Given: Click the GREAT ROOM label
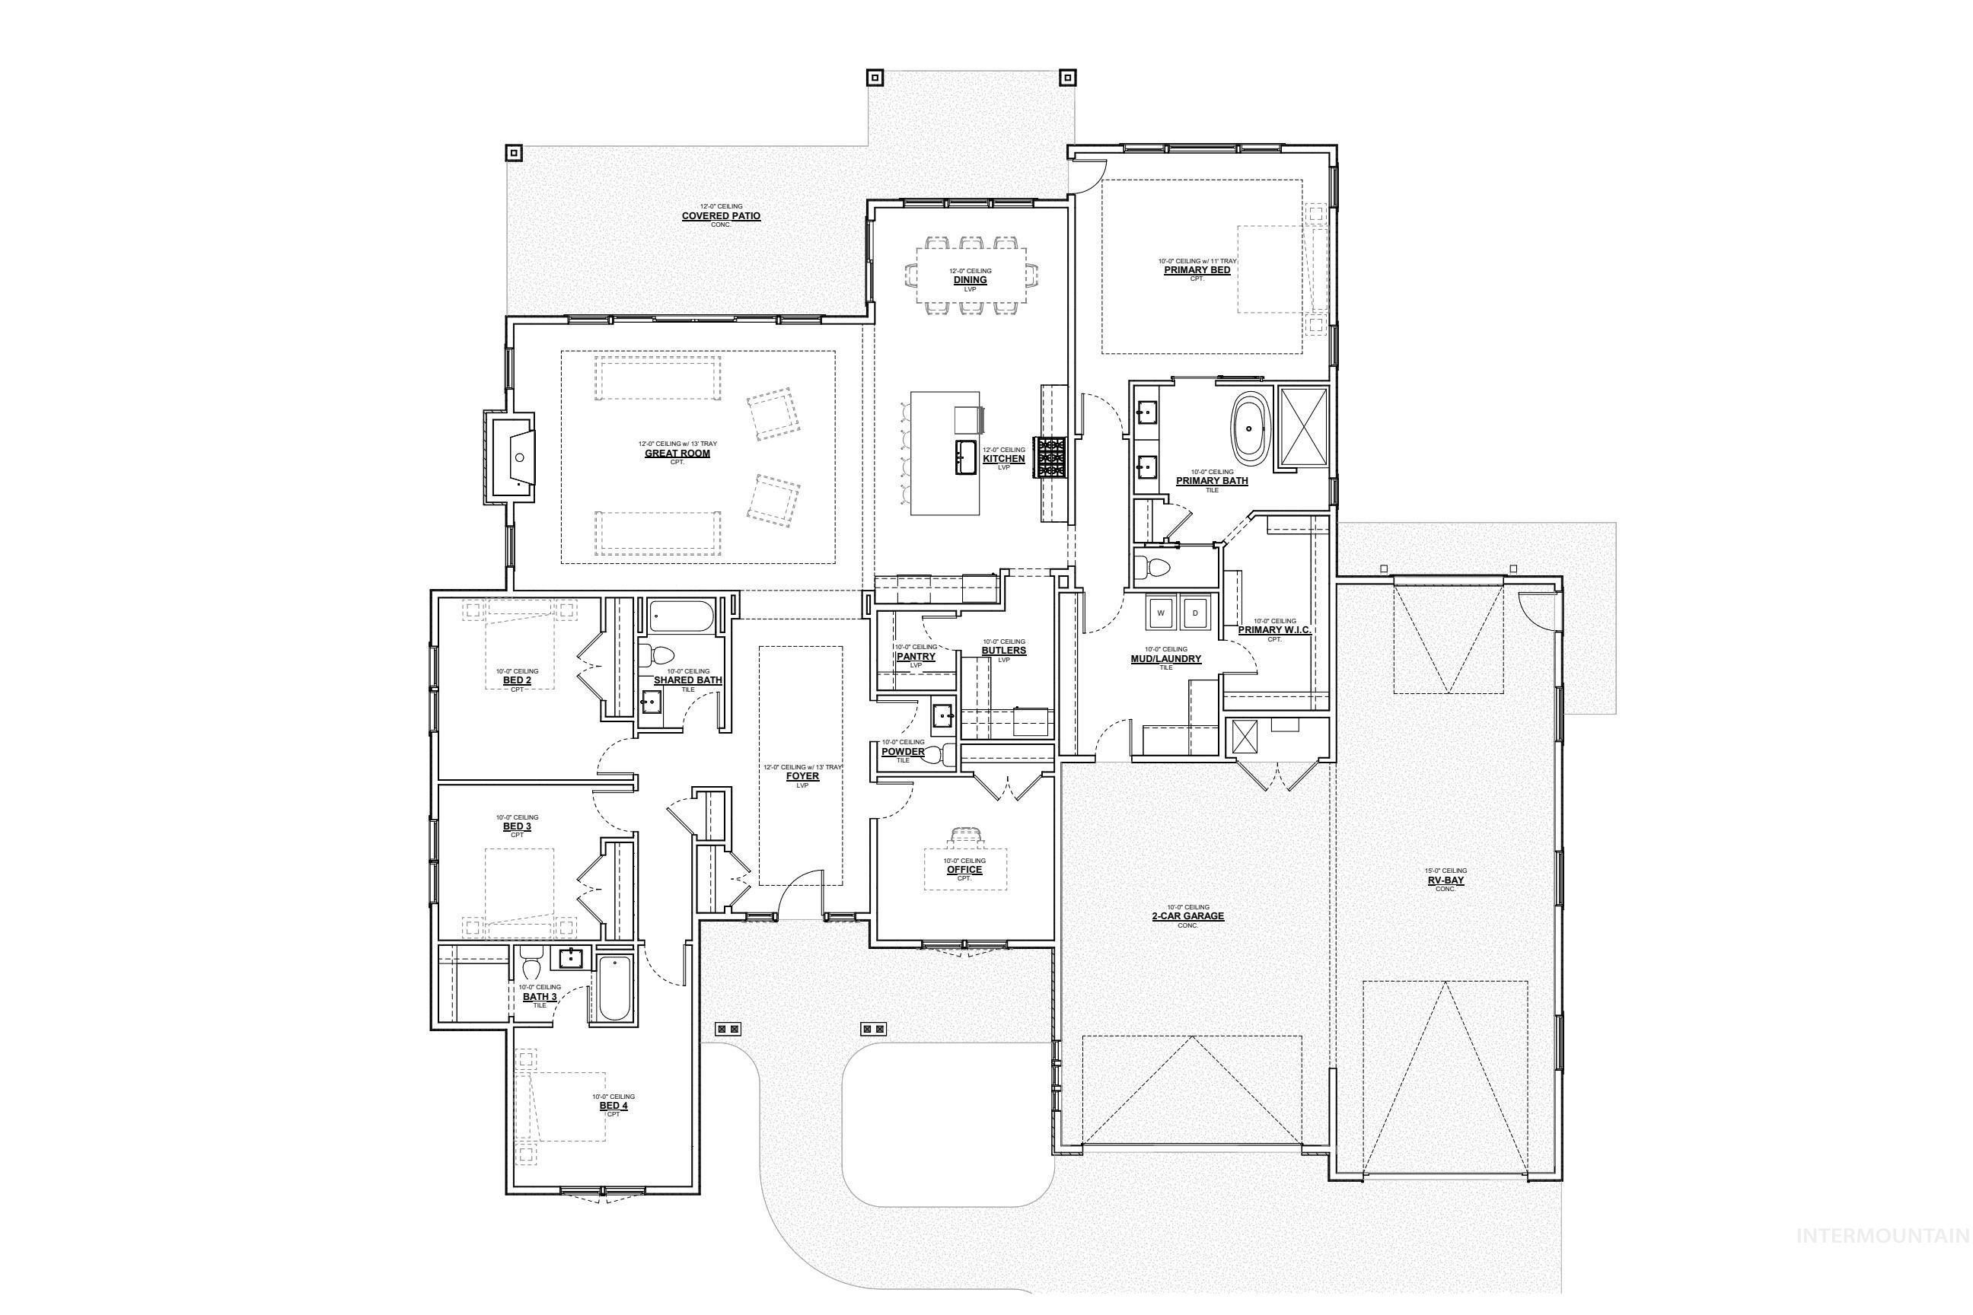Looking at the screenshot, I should coord(677,454).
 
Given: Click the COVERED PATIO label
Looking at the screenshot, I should coord(721,216).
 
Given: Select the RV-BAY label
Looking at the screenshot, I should coord(1445,880).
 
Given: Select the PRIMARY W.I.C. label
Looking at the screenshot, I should coord(1273,630).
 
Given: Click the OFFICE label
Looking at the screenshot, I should coord(964,870).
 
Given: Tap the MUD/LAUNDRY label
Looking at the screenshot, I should coord(1165,659).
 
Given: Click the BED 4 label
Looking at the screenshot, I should coord(614,1105).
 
